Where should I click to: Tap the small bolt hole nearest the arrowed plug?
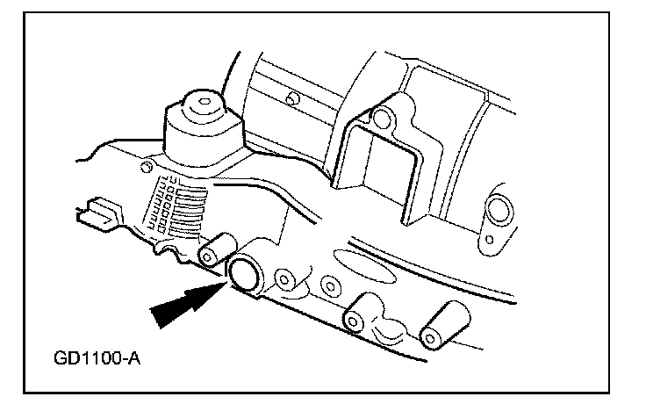click(x=284, y=279)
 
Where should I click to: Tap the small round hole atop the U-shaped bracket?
click(x=380, y=116)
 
